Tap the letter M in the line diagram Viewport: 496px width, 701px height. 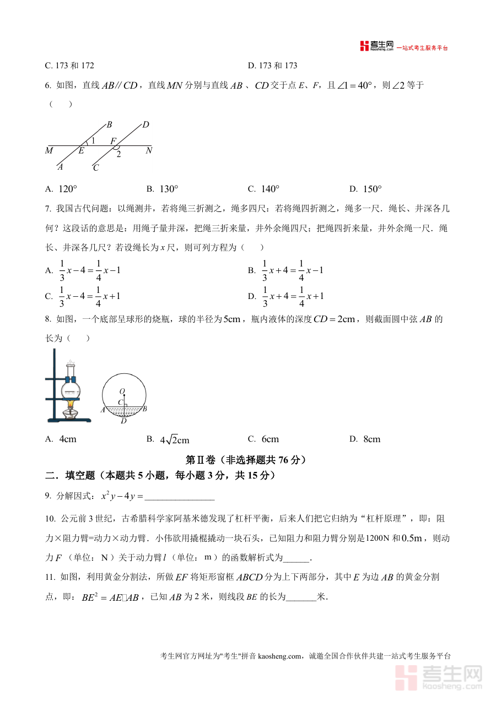click(x=50, y=150)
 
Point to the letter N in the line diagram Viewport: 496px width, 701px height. click(x=149, y=150)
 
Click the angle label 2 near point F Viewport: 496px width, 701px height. click(x=118, y=154)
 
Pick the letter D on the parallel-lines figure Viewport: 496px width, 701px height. click(x=146, y=125)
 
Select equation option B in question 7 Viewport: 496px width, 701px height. click(x=285, y=270)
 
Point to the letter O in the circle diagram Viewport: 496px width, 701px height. click(x=122, y=391)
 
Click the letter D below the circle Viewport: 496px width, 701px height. click(x=123, y=421)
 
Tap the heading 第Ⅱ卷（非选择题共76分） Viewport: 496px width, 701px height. click(x=246, y=459)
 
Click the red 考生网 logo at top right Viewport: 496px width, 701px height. click(x=377, y=46)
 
